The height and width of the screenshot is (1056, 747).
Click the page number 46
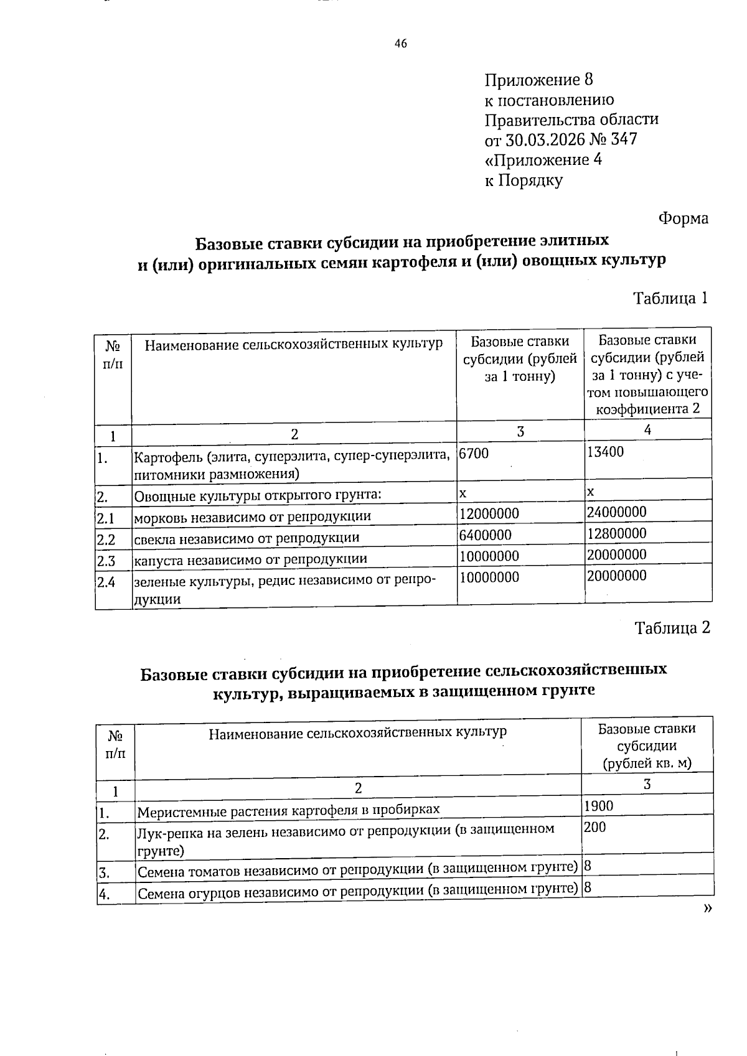pos(401,44)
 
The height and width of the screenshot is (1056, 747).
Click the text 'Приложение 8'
pos(538,80)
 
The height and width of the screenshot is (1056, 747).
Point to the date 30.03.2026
pos(546,139)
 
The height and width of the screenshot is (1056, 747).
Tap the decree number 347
pos(624,139)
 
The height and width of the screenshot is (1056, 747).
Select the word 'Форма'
pos(683,218)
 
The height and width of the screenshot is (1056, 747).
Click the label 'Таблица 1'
pos(670,298)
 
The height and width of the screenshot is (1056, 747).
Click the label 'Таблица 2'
pos(672,628)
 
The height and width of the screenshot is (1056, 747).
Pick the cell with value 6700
pos(474,454)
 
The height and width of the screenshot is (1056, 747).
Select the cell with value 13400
pos(605,452)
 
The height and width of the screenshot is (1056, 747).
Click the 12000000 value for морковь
pos(489,514)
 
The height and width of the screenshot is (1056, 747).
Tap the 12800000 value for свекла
pos(617,533)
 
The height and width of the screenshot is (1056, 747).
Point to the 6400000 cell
pos(486,535)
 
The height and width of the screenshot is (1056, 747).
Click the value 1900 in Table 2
pos(598,806)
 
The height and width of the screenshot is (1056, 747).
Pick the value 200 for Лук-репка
pos(594,827)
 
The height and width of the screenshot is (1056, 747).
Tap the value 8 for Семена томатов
pos(587,865)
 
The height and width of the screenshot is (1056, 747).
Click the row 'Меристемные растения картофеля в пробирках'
pos(288,810)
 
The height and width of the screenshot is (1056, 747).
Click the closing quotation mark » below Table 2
pos(707,909)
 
